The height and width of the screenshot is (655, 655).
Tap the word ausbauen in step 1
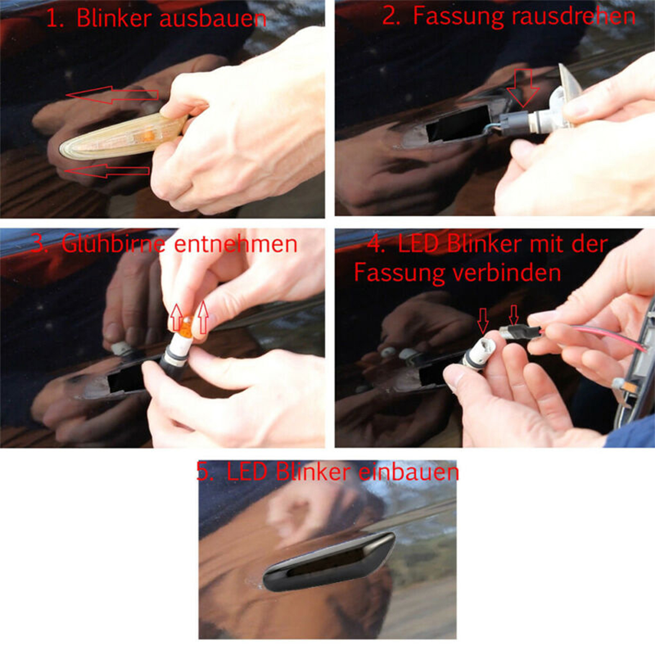(x=213, y=19)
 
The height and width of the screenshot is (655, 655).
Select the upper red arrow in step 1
(x=112, y=95)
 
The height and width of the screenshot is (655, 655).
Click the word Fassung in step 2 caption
(x=457, y=16)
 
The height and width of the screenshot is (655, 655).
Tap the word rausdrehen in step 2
(x=573, y=16)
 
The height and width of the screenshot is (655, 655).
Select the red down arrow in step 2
(x=523, y=87)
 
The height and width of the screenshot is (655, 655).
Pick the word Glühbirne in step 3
(x=113, y=243)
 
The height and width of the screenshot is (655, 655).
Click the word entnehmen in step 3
(x=236, y=243)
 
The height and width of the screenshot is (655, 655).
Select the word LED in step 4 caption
(x=418, y=243)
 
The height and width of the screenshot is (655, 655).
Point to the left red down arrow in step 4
(x=483, y=320)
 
